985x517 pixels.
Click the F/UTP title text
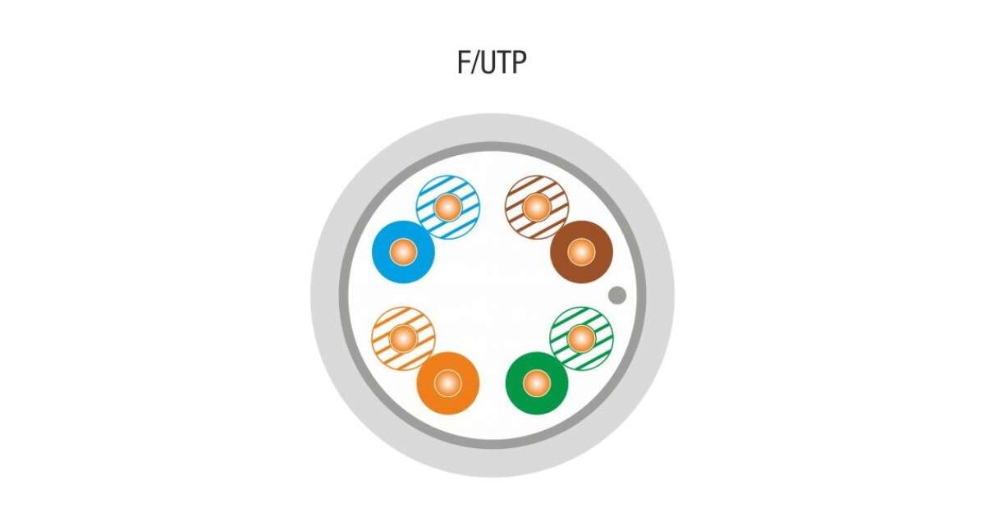(492, 62)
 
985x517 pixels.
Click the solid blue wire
(403, 252)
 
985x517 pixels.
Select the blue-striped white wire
(448, 207)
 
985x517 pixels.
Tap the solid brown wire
(581, 252)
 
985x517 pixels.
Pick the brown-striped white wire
(537, 207)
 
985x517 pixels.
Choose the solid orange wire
(447, 383)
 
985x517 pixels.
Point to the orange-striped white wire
(403, 338)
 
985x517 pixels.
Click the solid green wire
(537, 383)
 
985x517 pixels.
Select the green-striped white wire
(581, 338)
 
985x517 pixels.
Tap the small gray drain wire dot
(617, 295)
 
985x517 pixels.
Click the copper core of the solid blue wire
(403, 252)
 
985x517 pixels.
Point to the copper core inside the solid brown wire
(581, 252)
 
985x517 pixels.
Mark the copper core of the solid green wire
(537, 383)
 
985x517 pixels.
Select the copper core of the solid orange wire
(447, 383)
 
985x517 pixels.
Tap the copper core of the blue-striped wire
(448, 207)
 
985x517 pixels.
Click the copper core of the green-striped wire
(581, 338)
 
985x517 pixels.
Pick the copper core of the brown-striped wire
(537, 207)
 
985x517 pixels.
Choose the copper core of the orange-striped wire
(403, 338)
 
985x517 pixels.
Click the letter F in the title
(464, 62)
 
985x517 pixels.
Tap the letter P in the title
(519, 62)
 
